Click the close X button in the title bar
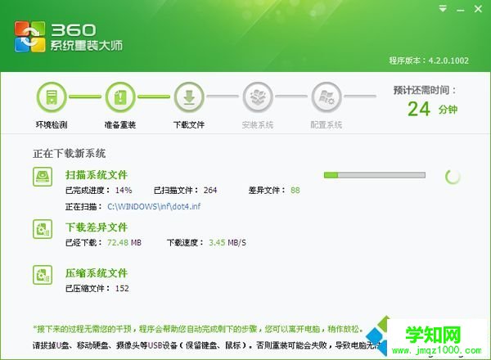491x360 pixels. coord(480,8)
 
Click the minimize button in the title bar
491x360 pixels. coord(464,8)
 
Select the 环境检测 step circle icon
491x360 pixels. coord(51,97)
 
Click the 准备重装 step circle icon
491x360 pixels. coord(119,97)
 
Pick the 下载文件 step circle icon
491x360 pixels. coord(188,97)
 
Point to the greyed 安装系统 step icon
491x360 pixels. coord(257,97)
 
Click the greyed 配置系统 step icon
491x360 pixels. coord(326,97)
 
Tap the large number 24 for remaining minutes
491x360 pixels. coord(420,108)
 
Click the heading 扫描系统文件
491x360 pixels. coord(97,174)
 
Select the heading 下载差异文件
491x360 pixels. coord(97,227)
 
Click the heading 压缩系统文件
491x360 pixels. coord(97,272)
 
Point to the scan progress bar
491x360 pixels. coord(375,175)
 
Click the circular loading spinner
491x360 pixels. coord(453,176)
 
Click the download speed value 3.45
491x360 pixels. coord(222,242)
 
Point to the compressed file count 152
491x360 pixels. coord(122,288)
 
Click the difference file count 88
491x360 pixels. coord(295,190)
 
